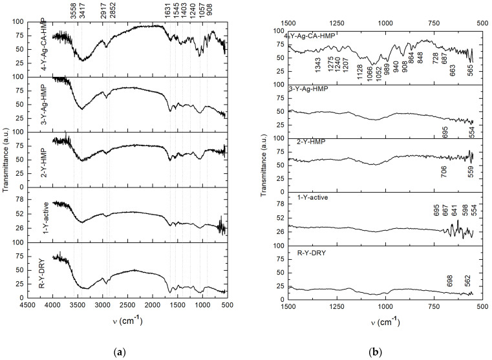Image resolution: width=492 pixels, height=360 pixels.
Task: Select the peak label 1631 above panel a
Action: (170, 10)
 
